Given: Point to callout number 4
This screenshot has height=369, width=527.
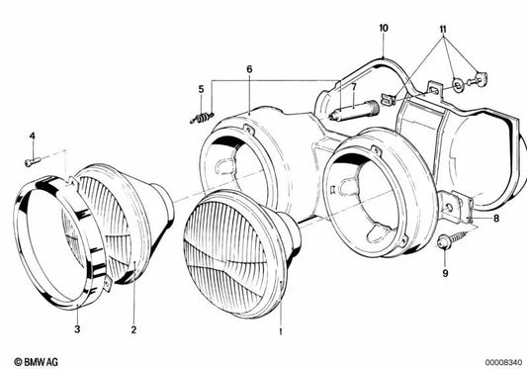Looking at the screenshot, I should coord(31,136).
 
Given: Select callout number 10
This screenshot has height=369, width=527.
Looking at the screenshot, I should coord(383,28).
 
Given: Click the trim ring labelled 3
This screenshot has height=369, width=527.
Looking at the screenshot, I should coord(54,237).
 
